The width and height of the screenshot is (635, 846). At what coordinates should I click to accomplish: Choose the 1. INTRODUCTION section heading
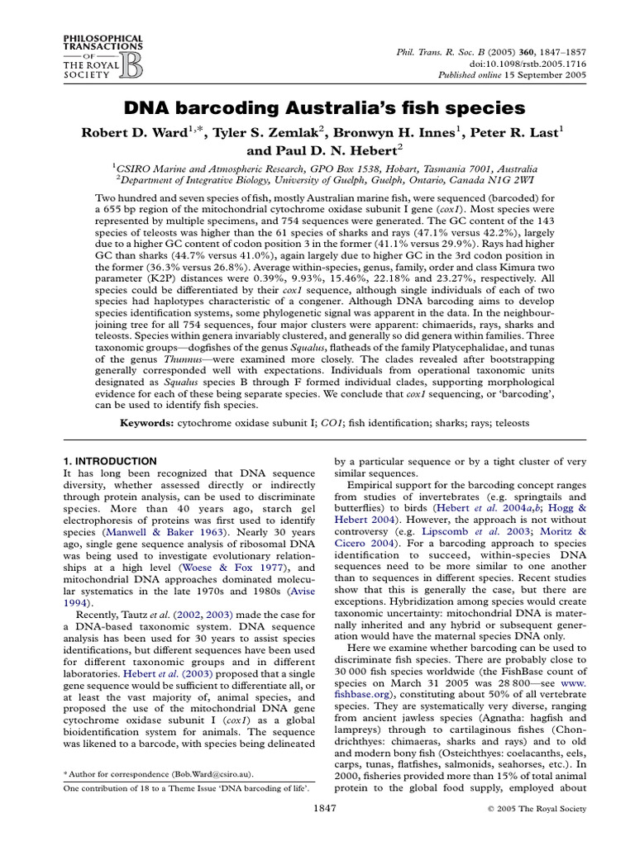coord(110,461)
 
